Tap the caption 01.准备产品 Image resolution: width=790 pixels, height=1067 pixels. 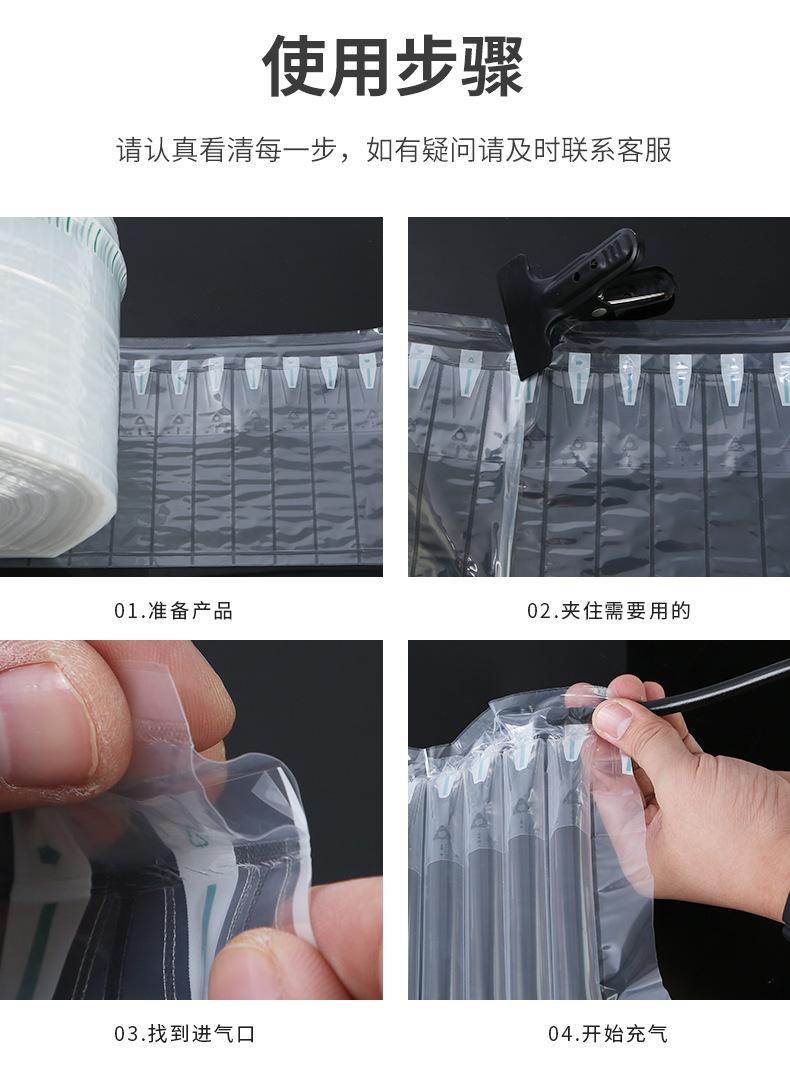tap(173, 611)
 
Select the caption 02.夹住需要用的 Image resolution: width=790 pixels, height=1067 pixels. tap(609, 611)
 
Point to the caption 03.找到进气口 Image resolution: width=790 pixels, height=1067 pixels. tap(184, 1033)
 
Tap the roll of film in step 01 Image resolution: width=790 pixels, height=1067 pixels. tap(55, 390)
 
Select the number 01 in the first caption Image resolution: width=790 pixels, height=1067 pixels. tap(124, 611)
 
